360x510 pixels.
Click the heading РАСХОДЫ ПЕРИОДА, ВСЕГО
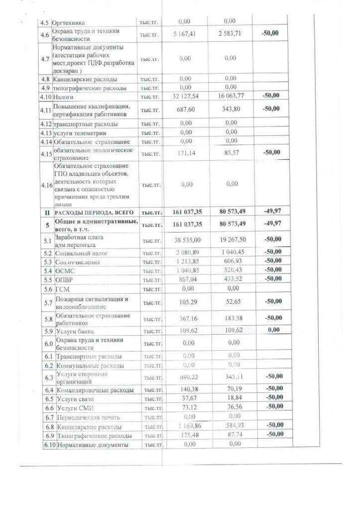[94, 212]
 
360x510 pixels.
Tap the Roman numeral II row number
[45, 212]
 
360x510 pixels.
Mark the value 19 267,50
[230, 240]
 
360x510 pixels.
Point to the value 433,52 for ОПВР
[230, 279]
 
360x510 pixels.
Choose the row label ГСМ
[63, 288]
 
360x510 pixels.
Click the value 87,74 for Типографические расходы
[230, 435]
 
